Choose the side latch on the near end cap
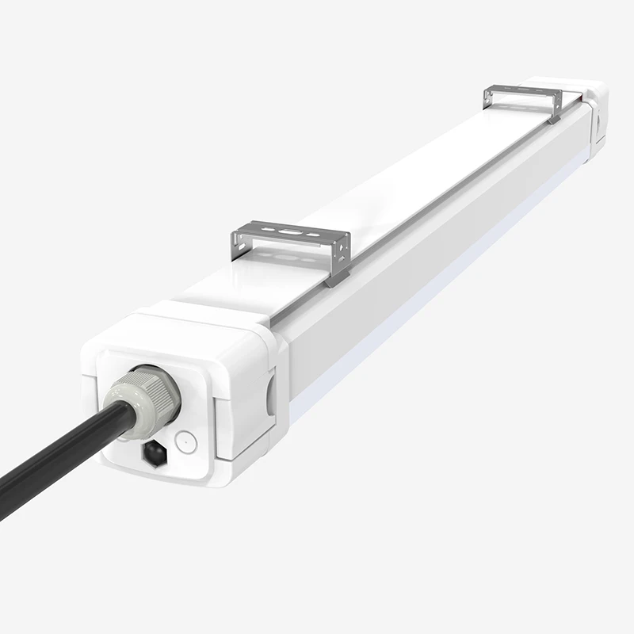click(x=269, y=392)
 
